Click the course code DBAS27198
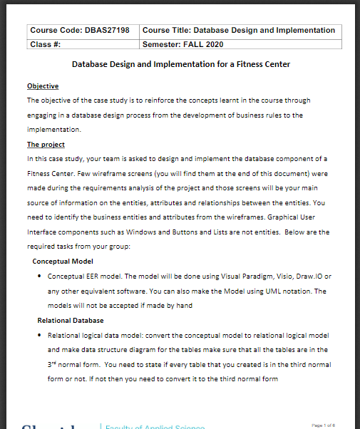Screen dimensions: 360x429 click(107, 31)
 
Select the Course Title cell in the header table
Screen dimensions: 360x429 click(239, 31)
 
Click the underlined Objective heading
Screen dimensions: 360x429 click(43, 86)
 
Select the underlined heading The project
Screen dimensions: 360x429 click(46, 145)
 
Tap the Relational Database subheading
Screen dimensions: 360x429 click(70, 321)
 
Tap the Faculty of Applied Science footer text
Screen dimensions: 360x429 click(154, 425)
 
